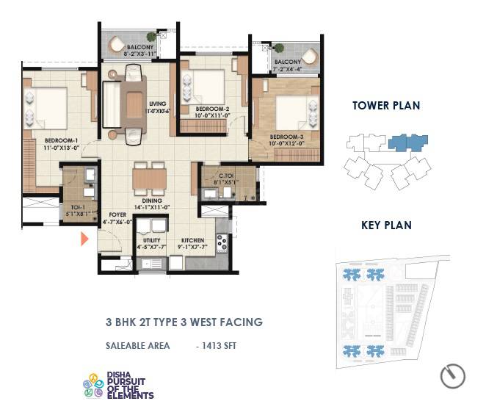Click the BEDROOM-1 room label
click(x=61, y=140)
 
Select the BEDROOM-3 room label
click(x=286, y=137)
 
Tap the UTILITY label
click(x=151, y=240)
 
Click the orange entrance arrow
click(x=84, y=239)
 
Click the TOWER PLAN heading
click(x=386, y=106)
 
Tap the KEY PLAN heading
click(x=386, y=225)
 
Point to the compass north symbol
click(x=452, y=376)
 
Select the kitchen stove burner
click(x=222, y=242)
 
